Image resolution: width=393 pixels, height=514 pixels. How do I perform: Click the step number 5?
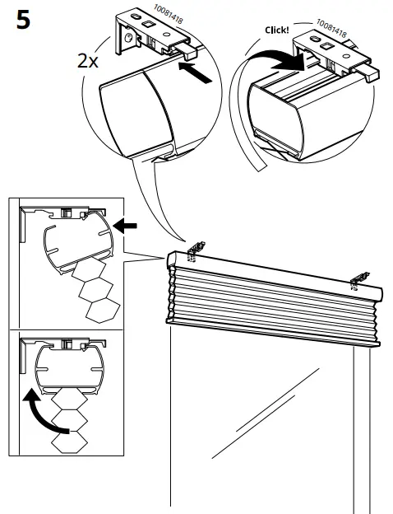(x=22, y=20)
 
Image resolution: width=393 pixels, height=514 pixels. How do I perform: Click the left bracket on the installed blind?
(x=196, y=247)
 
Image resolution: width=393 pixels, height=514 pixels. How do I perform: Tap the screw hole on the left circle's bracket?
(x=130, y=36)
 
